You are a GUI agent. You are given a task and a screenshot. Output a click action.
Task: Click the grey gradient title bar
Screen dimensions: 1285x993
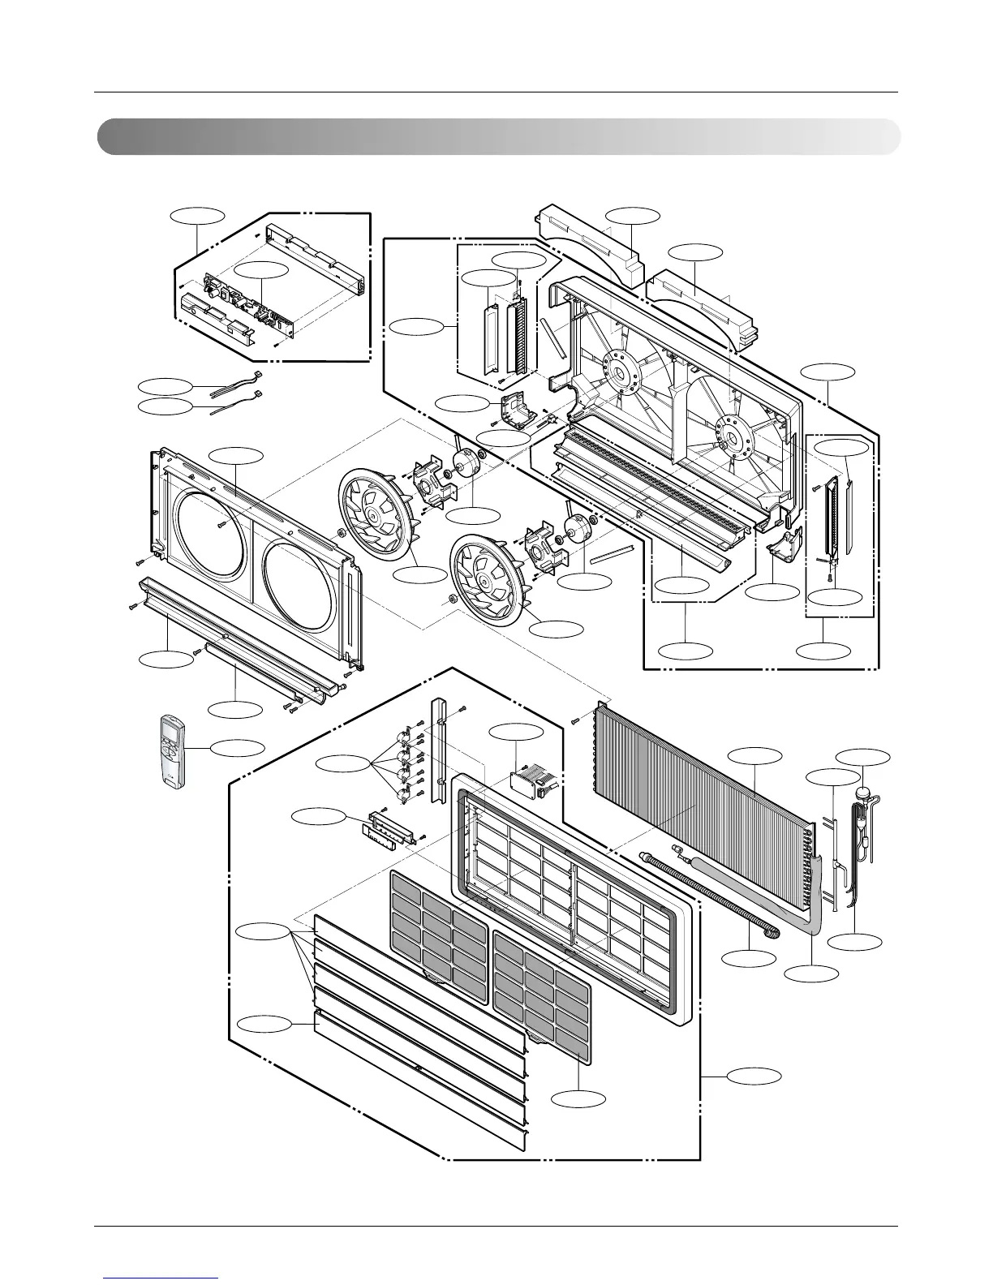(x=498, y=136)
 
